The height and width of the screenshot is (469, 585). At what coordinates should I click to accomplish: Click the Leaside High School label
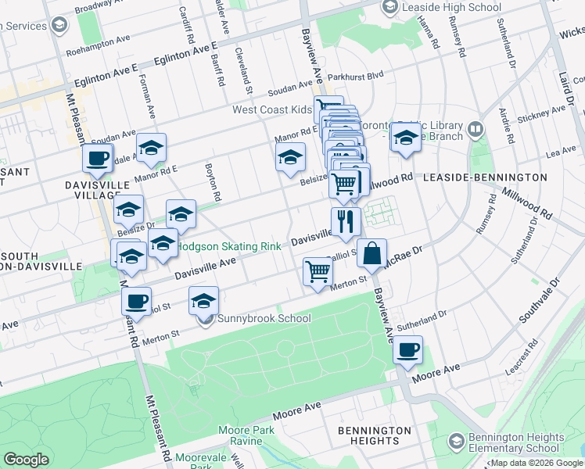click(x=452, y=8)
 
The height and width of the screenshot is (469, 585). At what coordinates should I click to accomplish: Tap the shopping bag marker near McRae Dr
click(x=372, y=253)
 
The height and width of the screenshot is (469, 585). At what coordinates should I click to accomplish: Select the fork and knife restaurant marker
click(x=343, y=220)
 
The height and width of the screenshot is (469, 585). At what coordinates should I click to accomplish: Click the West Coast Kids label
click(x=271, y=110)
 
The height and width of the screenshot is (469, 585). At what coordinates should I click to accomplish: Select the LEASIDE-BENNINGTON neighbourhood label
click(x=484, y=177)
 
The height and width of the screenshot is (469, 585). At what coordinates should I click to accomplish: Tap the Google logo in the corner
click(x=26, y=460)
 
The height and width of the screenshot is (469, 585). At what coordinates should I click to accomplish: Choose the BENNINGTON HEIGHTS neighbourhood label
click(x=374, y=436)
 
